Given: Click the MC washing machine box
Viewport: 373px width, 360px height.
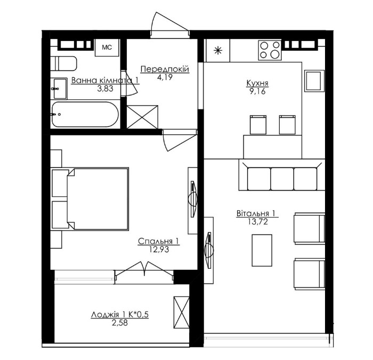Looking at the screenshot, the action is (107, 47).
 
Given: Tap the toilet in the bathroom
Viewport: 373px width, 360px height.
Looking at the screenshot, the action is (63, 63).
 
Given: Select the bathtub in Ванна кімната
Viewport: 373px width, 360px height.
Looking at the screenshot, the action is (85, 115).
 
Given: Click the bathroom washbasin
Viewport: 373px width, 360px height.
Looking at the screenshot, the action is (59, 89).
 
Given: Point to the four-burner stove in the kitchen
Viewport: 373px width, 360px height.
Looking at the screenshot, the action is (270, 50).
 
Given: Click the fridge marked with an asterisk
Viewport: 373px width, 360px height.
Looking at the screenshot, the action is (217, 50).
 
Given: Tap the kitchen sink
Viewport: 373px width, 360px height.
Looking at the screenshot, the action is (314, 81).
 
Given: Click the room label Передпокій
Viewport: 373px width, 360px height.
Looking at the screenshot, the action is (165, 69).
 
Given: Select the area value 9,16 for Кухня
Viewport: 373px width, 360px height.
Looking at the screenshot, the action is (257, 91).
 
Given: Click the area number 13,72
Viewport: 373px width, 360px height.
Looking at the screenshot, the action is (258, 222).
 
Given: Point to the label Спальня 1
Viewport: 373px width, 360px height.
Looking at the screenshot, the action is (159, 241).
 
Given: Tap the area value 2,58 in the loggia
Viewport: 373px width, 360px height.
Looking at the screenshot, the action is (120, 323).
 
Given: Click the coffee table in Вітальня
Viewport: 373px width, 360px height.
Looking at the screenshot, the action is (262, 250).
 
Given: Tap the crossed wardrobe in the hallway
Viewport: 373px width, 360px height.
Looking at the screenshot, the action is (142, 117).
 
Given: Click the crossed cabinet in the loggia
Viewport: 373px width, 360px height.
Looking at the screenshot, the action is (181, 313).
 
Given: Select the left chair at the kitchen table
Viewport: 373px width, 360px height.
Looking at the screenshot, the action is (258, 124).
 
